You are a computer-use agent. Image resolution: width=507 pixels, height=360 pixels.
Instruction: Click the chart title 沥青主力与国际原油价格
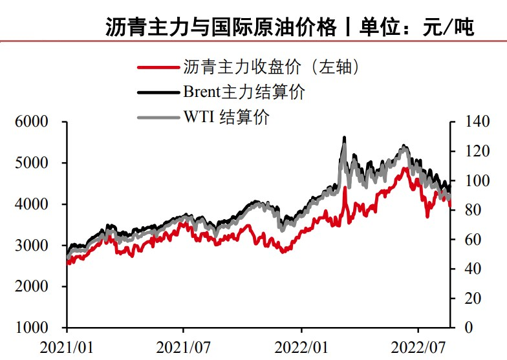(221, 27)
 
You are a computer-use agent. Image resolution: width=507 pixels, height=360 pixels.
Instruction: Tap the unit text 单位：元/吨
(416, 27)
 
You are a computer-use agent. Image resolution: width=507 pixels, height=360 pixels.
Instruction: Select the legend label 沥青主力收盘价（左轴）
(271, 66)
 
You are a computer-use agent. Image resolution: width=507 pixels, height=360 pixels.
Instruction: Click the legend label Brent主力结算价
(244, 92)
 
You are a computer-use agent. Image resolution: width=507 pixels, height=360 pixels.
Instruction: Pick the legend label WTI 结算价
(226, 117)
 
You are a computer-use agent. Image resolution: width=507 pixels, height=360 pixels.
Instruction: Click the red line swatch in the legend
(158, 67)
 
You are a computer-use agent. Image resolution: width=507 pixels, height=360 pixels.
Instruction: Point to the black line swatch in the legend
(158, 92)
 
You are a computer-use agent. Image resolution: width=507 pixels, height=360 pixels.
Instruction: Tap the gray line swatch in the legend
(158, 118)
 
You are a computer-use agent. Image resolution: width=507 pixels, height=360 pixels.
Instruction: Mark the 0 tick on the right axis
(460, 328)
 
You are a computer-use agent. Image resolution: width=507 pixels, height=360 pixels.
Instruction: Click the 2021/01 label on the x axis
(66, 346)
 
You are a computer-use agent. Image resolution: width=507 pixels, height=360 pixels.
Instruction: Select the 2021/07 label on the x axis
(184, 346)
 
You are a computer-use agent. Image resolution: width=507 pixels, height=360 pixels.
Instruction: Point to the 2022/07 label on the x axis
(419, 346)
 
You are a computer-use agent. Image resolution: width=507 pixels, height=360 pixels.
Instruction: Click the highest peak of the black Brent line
(344, 138)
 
